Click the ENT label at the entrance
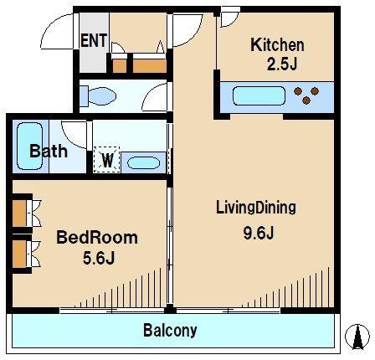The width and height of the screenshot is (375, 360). [x=94, y=40]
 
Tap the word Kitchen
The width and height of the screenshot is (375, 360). [x=277, y=45]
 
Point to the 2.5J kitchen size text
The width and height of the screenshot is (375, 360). [x=282, y=64]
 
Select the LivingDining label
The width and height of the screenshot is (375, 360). [x=256, y=208]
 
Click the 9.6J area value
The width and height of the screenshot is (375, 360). [x=259, y=232]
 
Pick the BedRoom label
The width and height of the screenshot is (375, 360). [x=97, y=238]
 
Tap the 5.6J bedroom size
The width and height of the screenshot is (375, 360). [x=99, y=257]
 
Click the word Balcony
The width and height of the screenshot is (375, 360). [x=170, y=331]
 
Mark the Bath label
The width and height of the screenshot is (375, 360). [x=49, y=151]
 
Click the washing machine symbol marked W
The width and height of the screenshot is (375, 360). [x=106, y=160]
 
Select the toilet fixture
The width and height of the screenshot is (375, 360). [x=98, y=96]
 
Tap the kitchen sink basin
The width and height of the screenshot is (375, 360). [x=259, y=95]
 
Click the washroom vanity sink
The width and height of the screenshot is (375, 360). [x=143, y=162]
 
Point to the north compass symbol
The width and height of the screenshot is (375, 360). [x=357, y=337]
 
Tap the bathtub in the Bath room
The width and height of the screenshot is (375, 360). [x=30, y=146]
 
